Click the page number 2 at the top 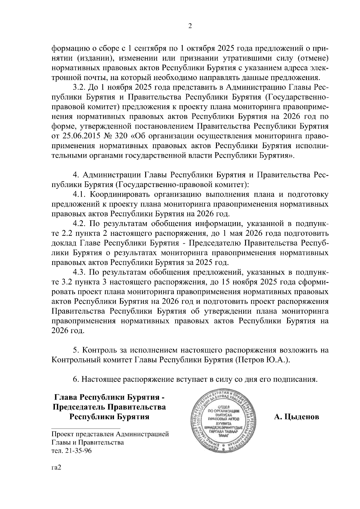tap(190, 26)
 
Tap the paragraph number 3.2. tap(79, 87)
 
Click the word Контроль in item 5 tap(99, 350)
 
